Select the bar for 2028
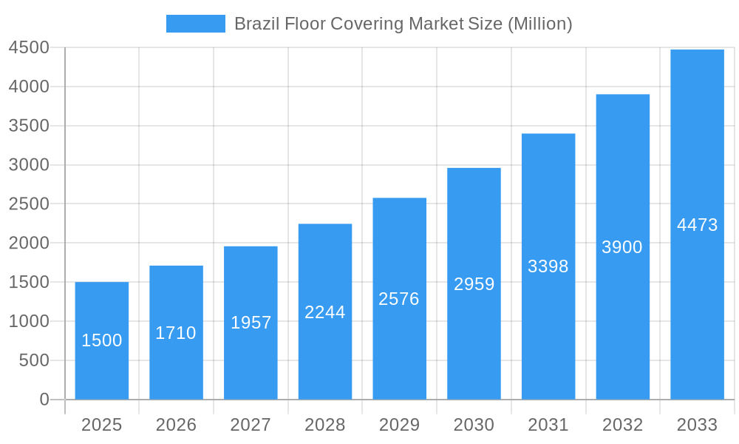point(325,348)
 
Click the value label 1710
point(176,333)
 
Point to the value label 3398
point(548,266)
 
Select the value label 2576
point(399,299)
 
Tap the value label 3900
point(622,247)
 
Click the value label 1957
point(251,323)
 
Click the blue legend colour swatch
point(195,24)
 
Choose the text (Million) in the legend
point(539,24)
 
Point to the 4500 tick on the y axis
point(29,47)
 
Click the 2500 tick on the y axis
point(29,204)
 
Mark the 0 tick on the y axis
point(44,400)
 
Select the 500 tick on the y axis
point(33,360)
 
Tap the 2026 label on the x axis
point(176,425)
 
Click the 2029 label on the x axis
point(399,425)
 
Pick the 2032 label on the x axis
point(622,425)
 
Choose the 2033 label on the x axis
point(697,425)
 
